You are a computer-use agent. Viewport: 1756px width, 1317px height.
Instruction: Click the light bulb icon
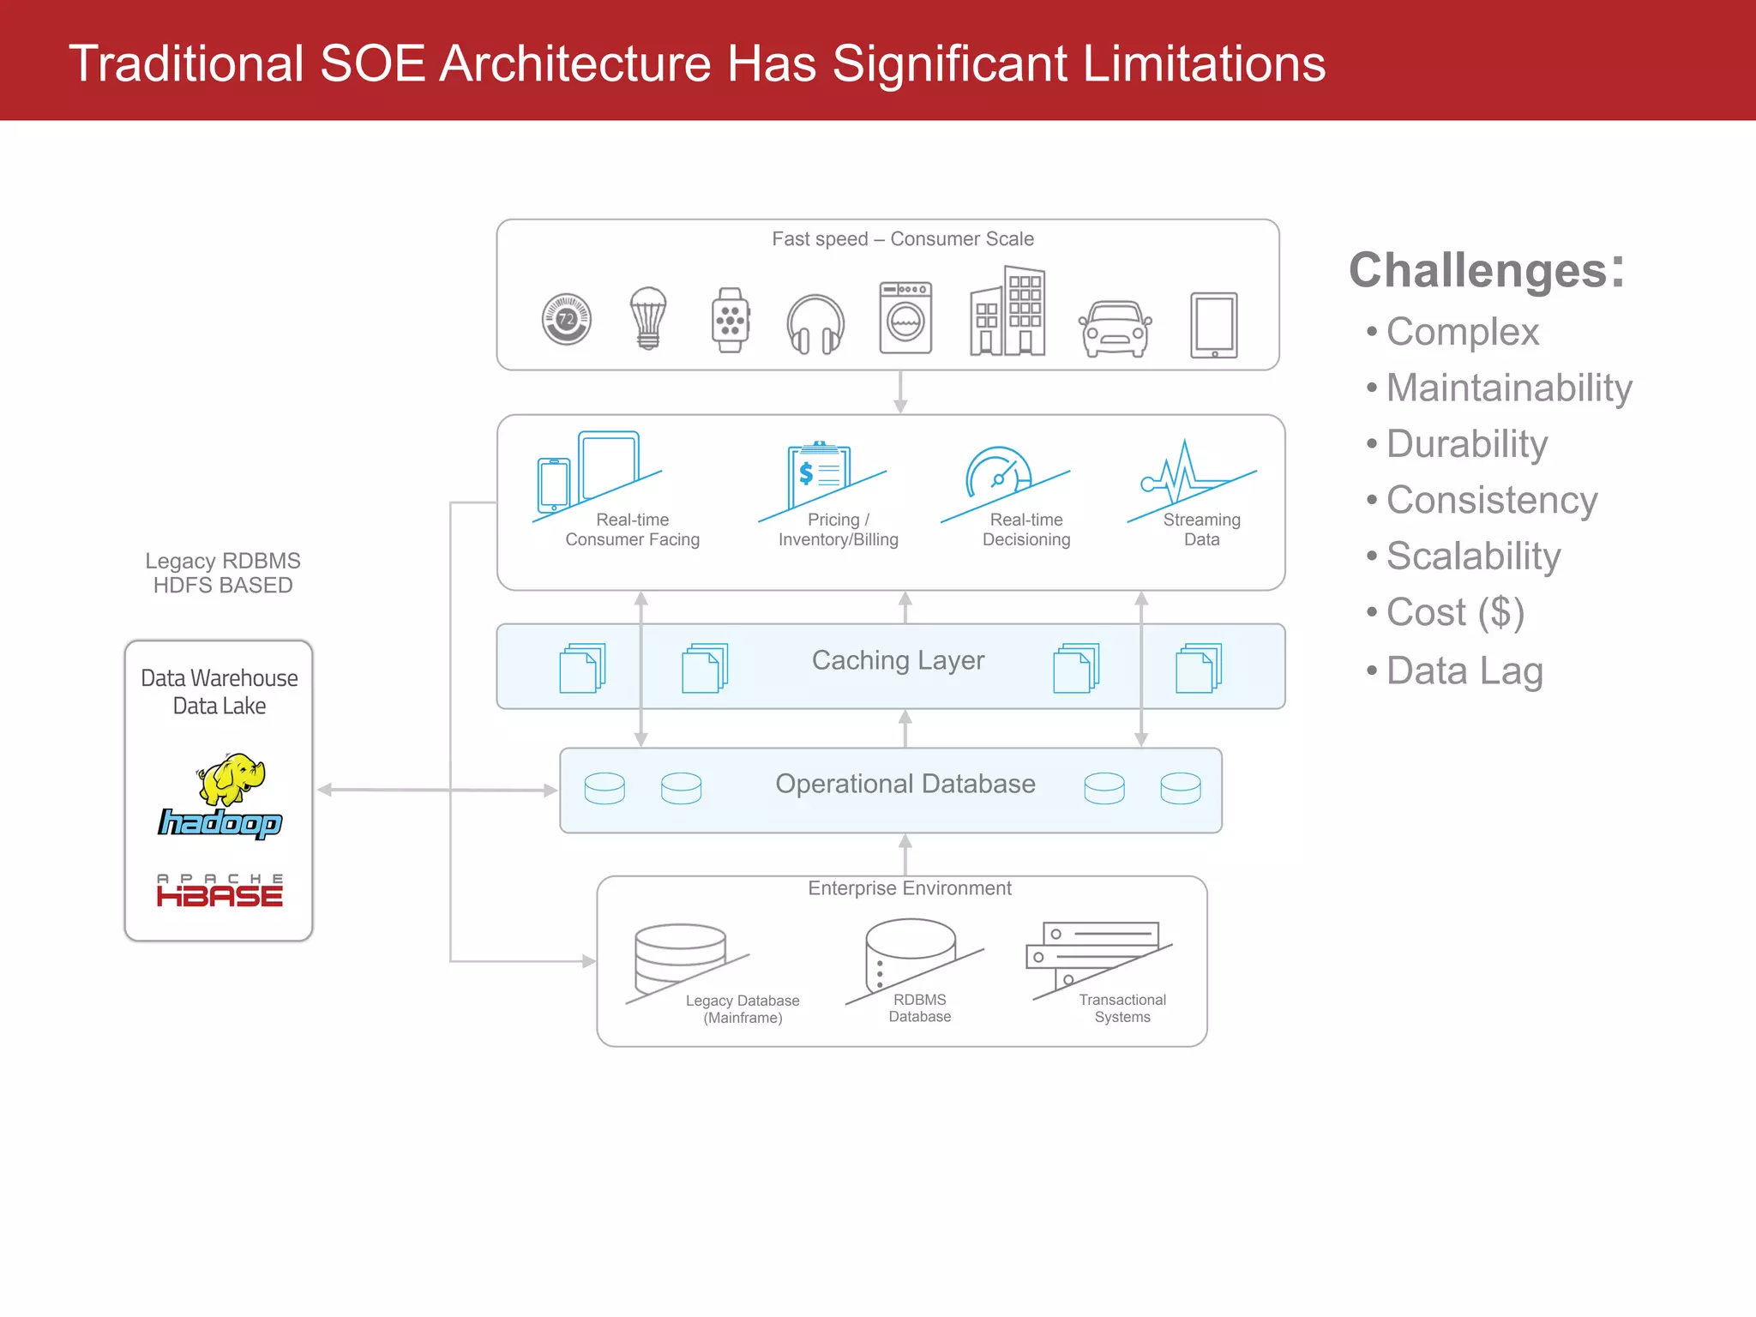pos(648,318)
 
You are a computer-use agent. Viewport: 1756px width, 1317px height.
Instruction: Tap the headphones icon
pos(815,324)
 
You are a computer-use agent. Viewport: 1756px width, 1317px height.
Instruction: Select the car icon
pos(1114,328)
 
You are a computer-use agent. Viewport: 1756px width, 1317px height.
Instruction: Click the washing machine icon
pos(905,318)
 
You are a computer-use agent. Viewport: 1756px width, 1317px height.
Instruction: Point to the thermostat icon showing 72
pos(567,319)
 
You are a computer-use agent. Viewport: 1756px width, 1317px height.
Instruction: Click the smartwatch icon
pos(731,320)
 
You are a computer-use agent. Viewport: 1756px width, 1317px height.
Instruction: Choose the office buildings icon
pos(1007,311)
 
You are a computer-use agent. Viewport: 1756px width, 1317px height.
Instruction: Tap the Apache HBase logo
pos(220,891)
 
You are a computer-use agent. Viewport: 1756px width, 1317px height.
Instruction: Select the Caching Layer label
pos(898,660)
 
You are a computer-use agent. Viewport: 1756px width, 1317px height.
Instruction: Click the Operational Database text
pos(905,784)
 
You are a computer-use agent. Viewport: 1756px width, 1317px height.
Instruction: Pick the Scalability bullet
pos(1472,556)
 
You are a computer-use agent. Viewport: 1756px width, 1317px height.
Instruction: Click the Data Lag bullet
pos(1464,671)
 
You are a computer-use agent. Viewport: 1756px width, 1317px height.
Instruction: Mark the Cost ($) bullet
pos(1454,612)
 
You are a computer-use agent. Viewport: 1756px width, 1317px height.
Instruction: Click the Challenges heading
pos(1486,270)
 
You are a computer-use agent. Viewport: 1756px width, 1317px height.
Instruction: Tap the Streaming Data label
pos(1201,530)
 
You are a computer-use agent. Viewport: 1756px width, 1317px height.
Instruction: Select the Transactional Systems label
pos(1122,1008)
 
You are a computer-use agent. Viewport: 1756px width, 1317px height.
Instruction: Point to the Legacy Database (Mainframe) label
pos(743,1009)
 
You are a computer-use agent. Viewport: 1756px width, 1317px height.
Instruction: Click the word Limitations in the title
pos(1203,64)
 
